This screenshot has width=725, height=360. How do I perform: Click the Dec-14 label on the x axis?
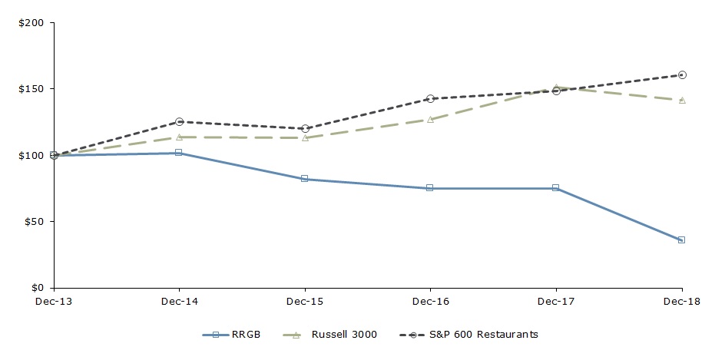click(179, 302)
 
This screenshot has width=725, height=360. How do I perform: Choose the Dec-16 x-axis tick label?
click(430, 302)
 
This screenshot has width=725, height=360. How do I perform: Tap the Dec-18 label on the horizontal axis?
click(680, 302)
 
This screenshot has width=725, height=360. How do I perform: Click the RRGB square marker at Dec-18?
click(681, 240)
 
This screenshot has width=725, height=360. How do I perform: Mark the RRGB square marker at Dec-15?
click(305, 179)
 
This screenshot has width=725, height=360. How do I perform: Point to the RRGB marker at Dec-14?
click(179, 153)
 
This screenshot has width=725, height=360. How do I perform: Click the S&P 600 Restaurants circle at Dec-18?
click(681, 75)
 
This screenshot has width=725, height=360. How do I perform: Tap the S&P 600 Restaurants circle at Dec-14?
click(179, 122)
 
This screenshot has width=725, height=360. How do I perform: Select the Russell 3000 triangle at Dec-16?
click(430, 119)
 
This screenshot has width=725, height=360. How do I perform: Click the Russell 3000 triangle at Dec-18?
click(681, 100)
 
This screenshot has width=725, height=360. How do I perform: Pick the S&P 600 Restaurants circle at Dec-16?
click(430, 99)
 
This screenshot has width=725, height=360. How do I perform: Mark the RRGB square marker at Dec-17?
click(555, 188)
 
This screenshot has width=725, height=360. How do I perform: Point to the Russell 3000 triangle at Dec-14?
click(179, 137)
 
